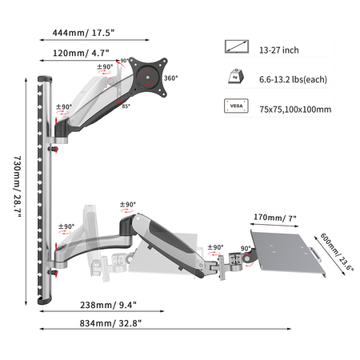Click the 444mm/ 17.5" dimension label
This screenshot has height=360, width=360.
(83, 33)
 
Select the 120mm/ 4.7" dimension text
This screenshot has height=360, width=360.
(81, 53)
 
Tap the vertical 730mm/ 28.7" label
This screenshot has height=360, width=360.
(18, 186)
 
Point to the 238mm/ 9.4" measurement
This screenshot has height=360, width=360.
(108, 305)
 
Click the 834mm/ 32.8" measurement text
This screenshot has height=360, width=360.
(110, 323)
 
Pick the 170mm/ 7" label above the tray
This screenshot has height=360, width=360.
(275, 218)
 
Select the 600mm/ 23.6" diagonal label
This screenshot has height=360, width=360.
(337, 252)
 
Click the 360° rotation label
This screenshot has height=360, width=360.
(171, 78)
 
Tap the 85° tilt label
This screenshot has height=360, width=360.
(126, 106)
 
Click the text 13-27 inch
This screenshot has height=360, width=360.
(279, 50)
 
